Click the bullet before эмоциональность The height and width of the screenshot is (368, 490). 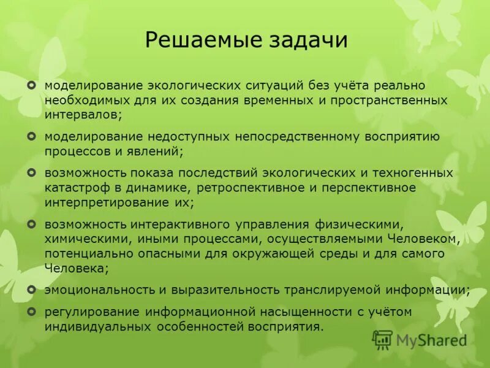32,288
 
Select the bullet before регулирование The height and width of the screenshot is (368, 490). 32,312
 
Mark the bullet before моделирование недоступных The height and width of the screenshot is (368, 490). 32,136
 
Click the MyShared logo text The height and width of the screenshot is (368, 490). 431,340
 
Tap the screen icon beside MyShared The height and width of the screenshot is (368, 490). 382,339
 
